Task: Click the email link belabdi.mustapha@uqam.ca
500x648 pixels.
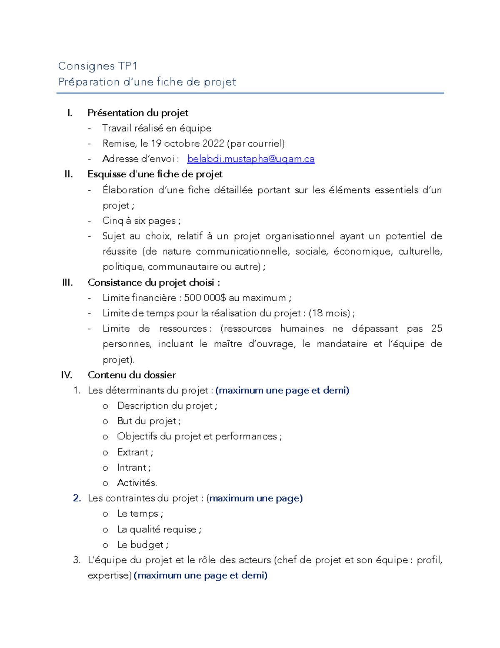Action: click(251, 159)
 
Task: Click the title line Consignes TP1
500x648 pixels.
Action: click(98, 66)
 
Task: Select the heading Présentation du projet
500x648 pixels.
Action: click(137, 113)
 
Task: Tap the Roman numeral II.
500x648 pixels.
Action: click(69, 174)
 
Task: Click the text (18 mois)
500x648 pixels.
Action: click(330, 313)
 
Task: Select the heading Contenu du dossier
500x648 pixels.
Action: click(132, 375)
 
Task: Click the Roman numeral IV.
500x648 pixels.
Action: click(67, 375)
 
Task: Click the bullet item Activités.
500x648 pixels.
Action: click(137, 483)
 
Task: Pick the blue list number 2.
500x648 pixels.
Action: click(77, 498)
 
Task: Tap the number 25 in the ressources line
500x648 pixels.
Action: click(436, 328)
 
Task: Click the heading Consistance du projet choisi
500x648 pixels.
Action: click(153, 282)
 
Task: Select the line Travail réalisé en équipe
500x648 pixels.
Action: click(157, 128)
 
